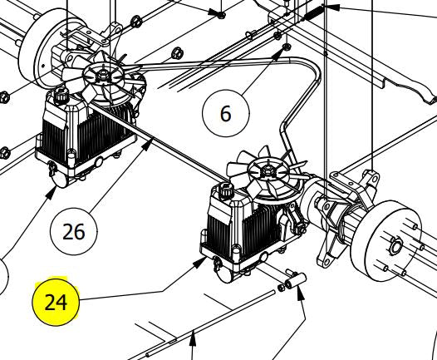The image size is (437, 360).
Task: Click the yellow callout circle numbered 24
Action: (x=55, y=301)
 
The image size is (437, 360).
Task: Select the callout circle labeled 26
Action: (x=74, y=230)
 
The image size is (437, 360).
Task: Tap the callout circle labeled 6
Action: (x=225, y=113)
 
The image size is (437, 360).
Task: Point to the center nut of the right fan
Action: (x=270, y=171)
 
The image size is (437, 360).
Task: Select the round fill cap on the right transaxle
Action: (x=224, y=194)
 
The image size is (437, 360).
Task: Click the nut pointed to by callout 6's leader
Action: (x=284, y=48)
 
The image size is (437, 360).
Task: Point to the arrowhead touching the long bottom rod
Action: (x=193, y=336)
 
